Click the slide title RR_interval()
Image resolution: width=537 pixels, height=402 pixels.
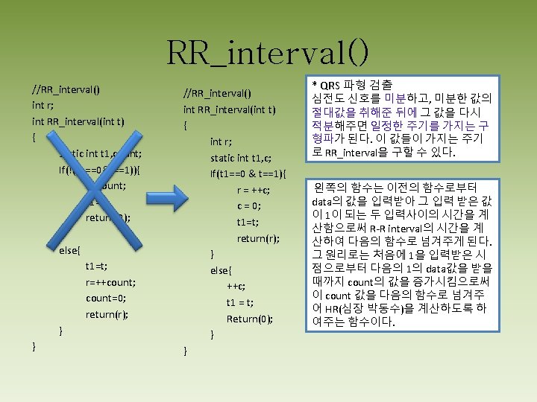pyautogui.click(x=268, y=52)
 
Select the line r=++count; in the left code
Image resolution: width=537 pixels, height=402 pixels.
pyautogui.click(x=110, y=282)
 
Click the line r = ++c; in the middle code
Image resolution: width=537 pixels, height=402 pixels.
pyautogui.click(x=254, y=190)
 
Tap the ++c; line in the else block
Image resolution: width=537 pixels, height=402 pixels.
pyautogui.click(x=237, y=286)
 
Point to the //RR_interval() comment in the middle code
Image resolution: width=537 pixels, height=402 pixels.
pyautogui.click(x=217, y=93)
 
